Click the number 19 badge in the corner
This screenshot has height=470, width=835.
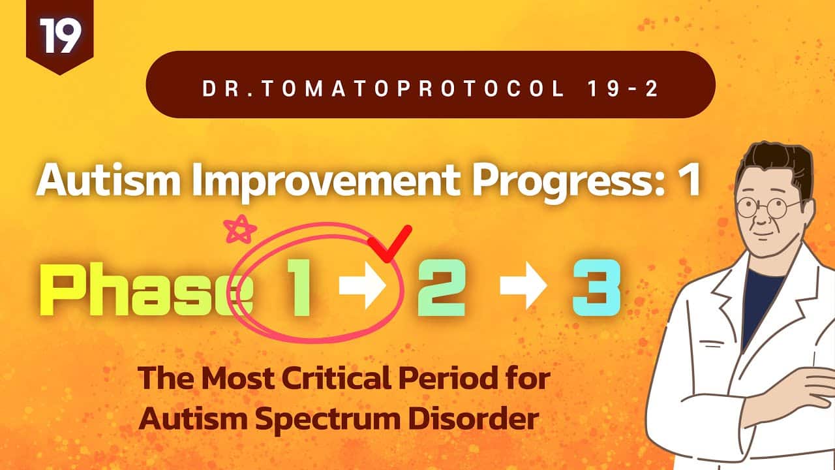(x=59, y=35)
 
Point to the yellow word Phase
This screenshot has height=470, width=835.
(x=146, y=289)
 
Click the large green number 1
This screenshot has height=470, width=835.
(x=298, y=288)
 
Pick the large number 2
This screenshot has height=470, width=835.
(x=442, y=288)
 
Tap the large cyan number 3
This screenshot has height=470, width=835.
(x=596, y=288)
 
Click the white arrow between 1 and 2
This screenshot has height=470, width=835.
(x=362, y=285)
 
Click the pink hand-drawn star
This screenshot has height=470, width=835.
(x=239, y=229)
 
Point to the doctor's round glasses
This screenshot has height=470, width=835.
(x=768, y=207)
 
